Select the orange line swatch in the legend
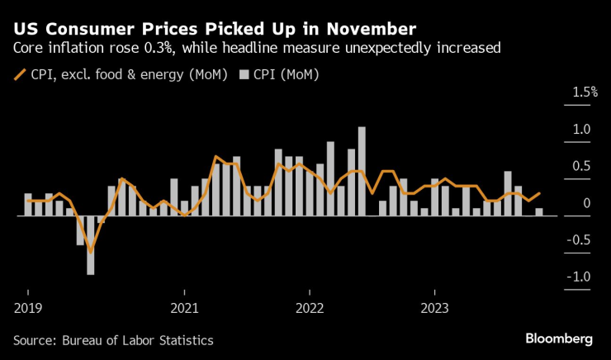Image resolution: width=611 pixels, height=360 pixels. [x=20, y=75]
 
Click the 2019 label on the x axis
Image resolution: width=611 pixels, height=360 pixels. [x=27, y=309]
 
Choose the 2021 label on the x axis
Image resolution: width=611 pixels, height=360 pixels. [x=184, y=309]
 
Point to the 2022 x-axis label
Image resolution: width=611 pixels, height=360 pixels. [x=309, y=309]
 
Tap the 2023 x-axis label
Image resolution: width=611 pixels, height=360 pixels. [x=434, y=309]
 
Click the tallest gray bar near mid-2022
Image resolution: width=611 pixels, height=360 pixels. [x=362, y=171]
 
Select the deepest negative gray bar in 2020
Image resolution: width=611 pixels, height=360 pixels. [x=91, y=245]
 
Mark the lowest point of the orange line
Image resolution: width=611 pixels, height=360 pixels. [x=91, y=251]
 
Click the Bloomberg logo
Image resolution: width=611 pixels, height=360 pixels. [x=559, y=339]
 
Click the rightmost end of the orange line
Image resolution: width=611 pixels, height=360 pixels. [x=540, y=194]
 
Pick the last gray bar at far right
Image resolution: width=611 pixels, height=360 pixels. [x=540, y=212]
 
